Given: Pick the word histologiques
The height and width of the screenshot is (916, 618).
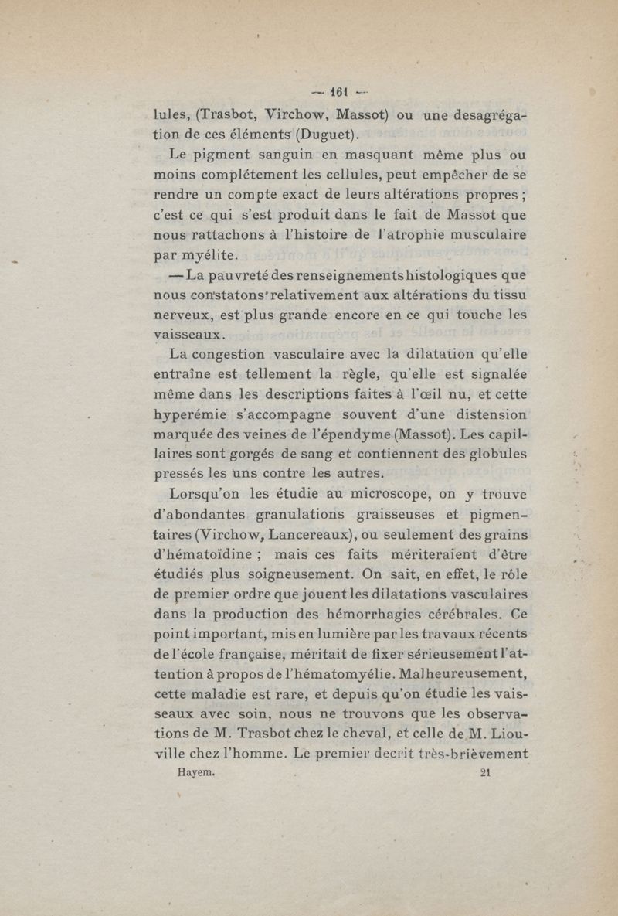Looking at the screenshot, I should click(437, 274).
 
